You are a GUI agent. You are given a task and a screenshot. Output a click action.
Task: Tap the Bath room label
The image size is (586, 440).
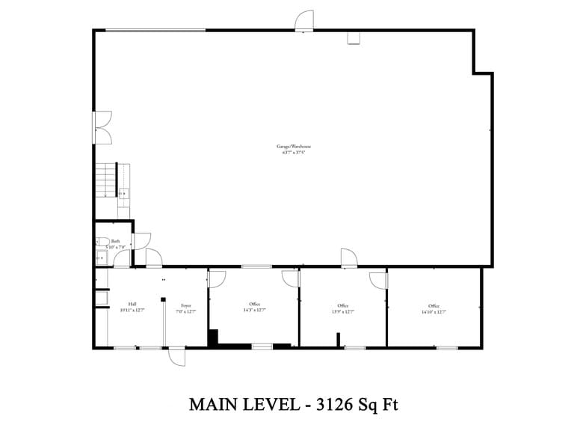[x=115, y=241]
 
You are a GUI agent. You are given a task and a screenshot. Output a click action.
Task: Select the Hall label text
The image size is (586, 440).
[x=132, y=304]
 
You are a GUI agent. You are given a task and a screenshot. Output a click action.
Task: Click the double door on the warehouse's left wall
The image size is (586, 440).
[x=102, y=127]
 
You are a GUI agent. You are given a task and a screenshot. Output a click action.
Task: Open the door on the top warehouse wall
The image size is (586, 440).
[x=303, y=22]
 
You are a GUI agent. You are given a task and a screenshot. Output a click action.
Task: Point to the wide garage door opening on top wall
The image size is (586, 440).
[x=155, y=31]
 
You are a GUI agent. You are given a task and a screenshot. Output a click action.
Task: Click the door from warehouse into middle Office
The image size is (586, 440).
[x=348, y=258]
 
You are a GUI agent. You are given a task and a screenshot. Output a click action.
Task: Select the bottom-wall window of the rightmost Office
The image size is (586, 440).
[x=447, y=347]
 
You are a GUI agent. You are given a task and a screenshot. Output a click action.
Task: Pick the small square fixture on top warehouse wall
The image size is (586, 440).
[x=354, y=37]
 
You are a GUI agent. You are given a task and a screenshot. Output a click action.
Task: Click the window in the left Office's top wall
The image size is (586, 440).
[x=256, y=266]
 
